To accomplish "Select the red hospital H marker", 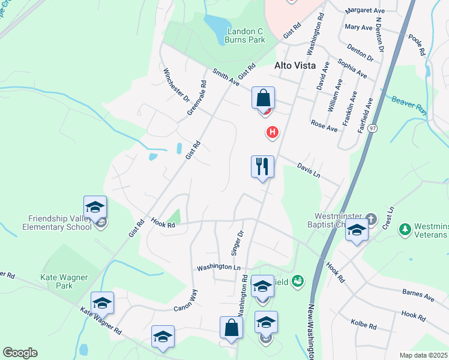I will (x=273, y=132).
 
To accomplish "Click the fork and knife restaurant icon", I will (x=262, y=166).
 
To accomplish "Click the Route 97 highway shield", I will (x=373, y=128).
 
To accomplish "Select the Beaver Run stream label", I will (x=409, y=103).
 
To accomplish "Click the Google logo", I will (x=20, y=353).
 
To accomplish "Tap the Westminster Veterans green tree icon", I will (x=405, y=229).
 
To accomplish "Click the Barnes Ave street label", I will (x=418, y=296).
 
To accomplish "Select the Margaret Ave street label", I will (x=365, y=11).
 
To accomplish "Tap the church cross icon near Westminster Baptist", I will (x=371, y=219).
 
